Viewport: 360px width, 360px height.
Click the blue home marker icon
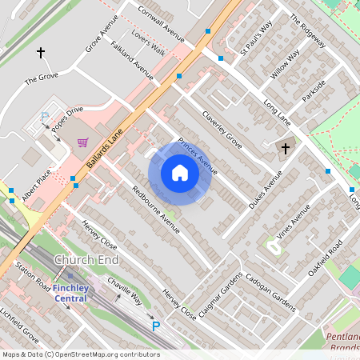180,173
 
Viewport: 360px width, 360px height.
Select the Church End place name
86,261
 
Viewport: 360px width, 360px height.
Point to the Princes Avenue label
198,155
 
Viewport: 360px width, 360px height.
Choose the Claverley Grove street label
222,128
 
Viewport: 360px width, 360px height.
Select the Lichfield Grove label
19,323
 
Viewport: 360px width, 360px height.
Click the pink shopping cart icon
82,142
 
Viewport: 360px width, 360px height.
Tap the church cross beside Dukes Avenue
285,148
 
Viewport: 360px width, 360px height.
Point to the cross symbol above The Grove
41,53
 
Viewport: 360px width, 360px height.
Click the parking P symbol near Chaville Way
157,326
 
